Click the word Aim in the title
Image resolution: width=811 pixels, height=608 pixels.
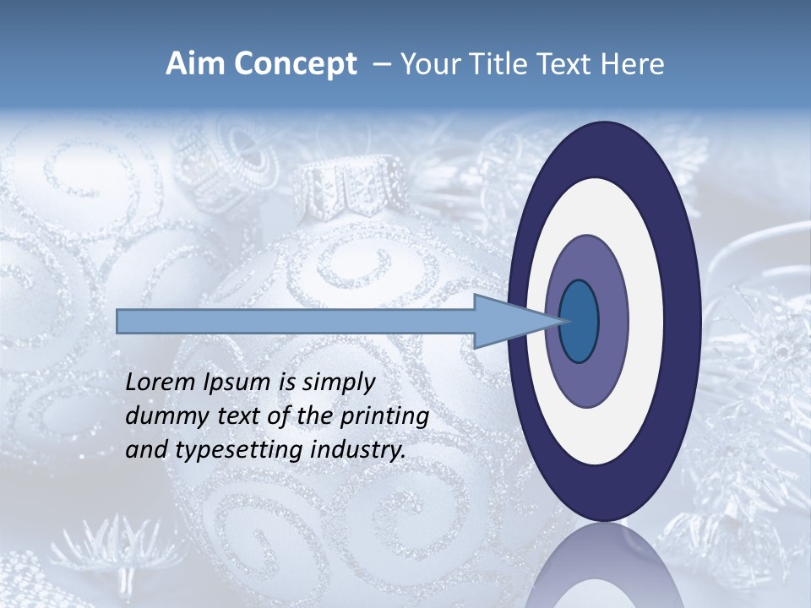tap(192, 64)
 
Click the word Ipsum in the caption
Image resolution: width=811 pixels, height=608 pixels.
tap(238, 382)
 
